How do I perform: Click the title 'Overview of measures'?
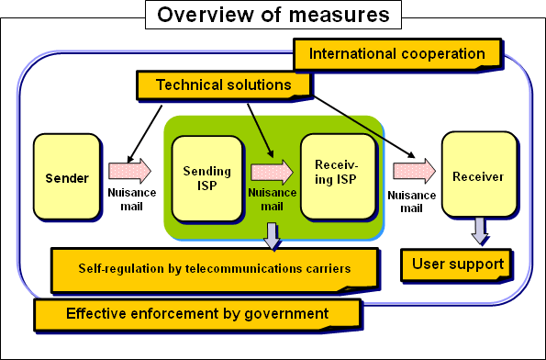[x=273, y=15]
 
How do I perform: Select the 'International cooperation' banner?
[x=396, y=54]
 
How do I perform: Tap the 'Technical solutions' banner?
[x=223, y=84]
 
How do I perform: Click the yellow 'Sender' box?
[x=67, y=177]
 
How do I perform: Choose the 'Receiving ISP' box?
[x=338, y=175]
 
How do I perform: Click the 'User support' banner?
[x=456, y=264]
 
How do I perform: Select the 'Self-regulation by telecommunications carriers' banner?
[x=213, y=270]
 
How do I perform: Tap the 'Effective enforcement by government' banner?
[x=196, y=314]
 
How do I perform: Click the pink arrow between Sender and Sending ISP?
[x=130, y=171]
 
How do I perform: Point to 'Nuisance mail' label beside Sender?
[x=132, y=198]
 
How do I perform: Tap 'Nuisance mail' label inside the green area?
[x=273, y=199]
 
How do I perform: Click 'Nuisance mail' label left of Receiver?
[x=409, y=201]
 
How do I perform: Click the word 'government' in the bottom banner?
[x=284, y=314]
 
